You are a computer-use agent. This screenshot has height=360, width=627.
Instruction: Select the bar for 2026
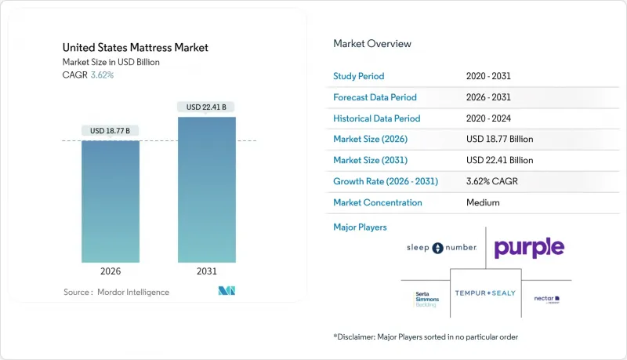111,202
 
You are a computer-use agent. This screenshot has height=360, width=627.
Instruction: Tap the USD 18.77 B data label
111,130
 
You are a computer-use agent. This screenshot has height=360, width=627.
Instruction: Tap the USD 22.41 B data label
207,107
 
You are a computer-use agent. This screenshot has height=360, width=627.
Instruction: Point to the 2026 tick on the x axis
111,272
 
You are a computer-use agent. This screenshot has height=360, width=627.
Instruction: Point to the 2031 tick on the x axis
207,272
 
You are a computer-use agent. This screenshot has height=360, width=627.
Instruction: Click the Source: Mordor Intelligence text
116,292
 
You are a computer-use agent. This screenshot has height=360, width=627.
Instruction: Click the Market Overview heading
372,44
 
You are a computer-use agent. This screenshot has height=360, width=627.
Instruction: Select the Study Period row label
359,76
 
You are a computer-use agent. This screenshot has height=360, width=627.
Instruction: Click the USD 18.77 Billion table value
499,139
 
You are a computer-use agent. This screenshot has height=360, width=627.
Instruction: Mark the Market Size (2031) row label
371,160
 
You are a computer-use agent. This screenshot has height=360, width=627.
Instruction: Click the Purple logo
528,249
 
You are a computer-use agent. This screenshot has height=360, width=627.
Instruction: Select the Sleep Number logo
441,248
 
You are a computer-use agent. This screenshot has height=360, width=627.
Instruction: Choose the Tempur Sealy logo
485,292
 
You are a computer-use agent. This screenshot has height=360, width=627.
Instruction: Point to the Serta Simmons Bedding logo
426,299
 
